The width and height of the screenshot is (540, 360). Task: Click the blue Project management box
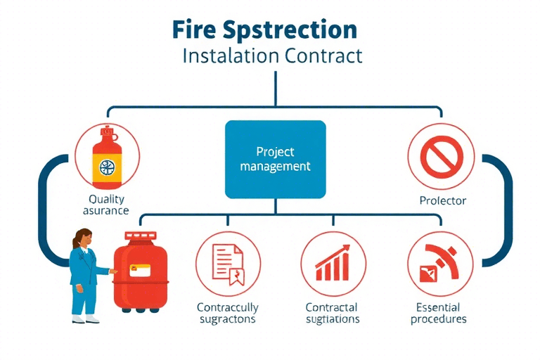tap(275, 159)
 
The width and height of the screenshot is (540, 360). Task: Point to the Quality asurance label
tap(108, 204)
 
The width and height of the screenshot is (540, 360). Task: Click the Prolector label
tap(442, 200)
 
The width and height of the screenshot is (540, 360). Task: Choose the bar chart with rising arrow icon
tap(332, 262)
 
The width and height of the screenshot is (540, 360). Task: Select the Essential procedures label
tap(437, 313)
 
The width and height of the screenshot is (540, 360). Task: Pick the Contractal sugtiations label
tap(332, 313)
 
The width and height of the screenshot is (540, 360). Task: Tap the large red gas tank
tap(141, 271)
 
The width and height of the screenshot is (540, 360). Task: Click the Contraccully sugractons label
tap(226, 313)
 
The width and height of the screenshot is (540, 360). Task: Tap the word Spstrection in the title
tap(298, 30)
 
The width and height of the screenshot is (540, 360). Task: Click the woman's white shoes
tap(84, 319)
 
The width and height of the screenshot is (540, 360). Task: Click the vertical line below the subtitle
tap(275, 88)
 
